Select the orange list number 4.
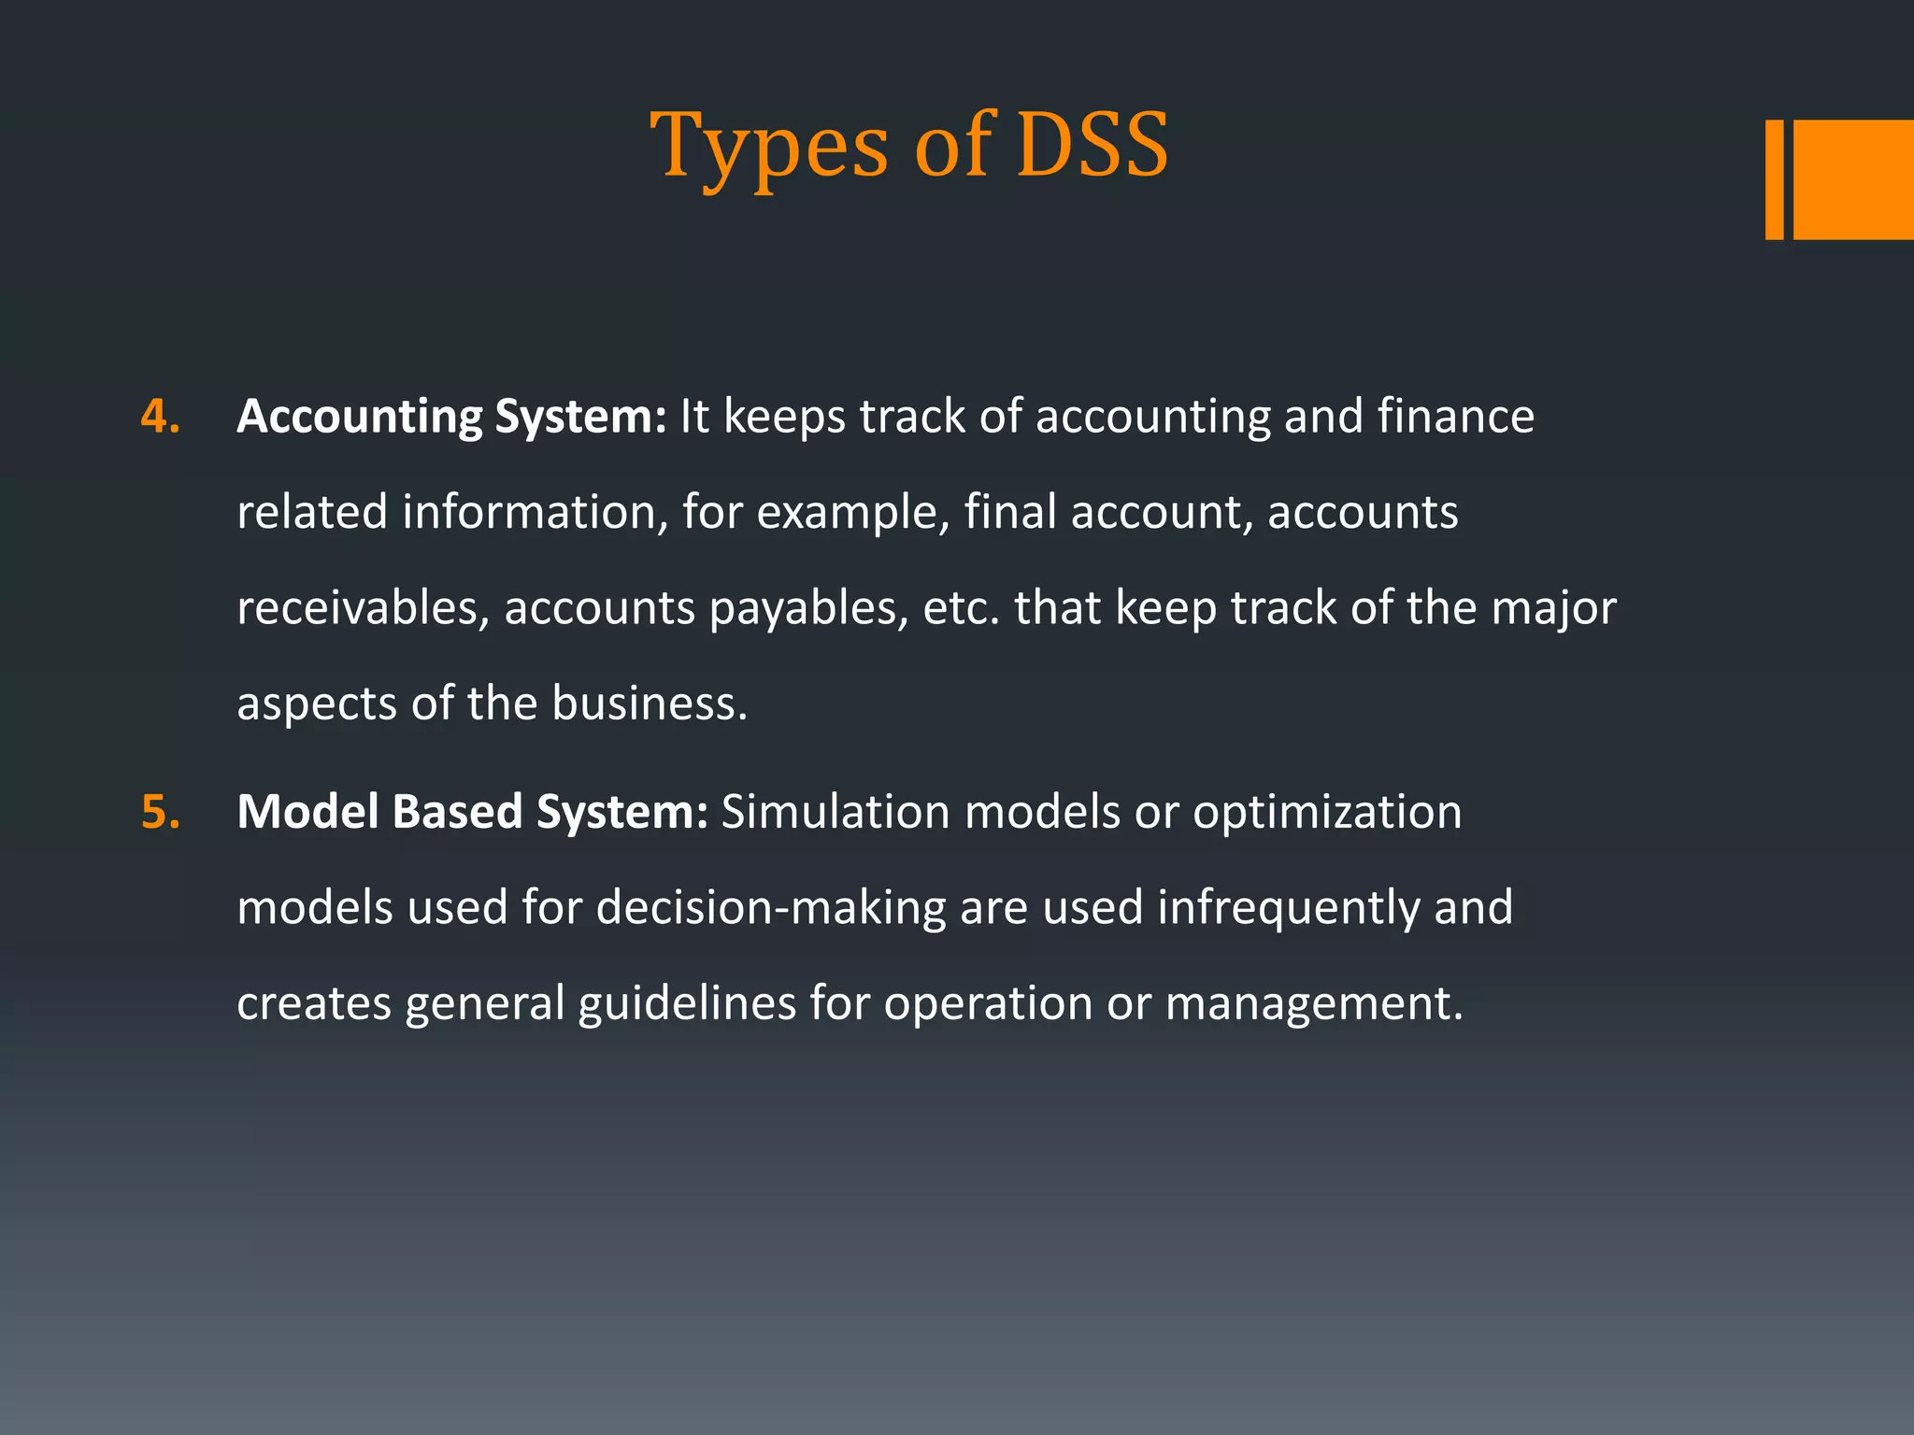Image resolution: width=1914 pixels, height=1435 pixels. (160, 416)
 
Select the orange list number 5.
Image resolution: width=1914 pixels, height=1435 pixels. (160, 811)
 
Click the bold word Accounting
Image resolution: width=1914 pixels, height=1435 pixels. (359, 418)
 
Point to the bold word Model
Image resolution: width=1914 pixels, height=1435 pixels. (307, 811)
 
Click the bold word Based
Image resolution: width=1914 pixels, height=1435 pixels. (457, 811)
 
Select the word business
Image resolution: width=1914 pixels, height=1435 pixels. (649, 703)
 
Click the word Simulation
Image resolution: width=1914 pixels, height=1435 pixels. (836, 811)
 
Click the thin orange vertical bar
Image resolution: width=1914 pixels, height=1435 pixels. (1774, 179)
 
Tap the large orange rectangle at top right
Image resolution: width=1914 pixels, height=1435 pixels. (1853, 179)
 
